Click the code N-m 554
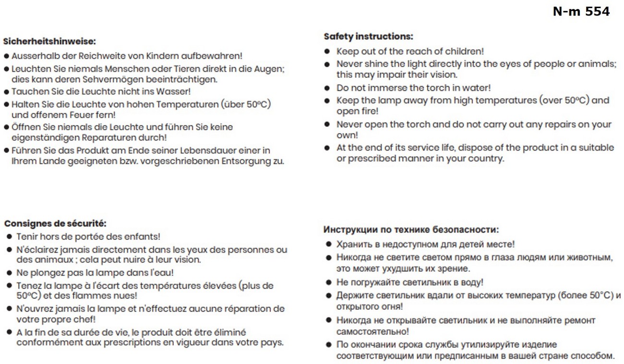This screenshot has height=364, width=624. click(581, 12)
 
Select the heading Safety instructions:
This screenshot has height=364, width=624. click(368, 37)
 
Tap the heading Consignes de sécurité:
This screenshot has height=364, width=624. click(55, 224)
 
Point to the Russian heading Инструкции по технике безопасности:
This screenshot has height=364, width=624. click(411, 229)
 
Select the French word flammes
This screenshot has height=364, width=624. click(90, 296)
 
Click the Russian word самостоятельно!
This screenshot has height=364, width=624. click(372, 331)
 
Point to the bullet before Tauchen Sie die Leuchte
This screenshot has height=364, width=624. click(7, 91)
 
